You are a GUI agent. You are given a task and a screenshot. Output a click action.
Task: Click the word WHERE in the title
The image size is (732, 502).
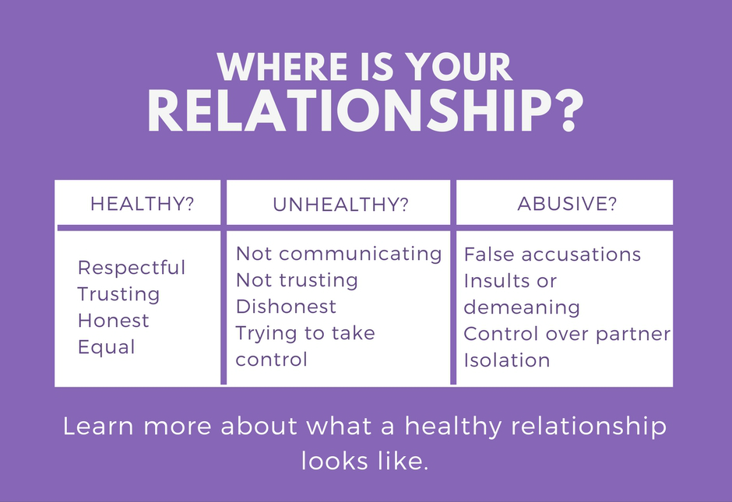pyautogui.click(x=283, y=67)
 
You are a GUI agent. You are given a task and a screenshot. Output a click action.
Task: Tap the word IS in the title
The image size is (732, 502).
pyautogui.click(x=377, y=67)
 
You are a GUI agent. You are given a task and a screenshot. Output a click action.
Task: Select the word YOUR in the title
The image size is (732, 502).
pyautogui.click(x=459, y=67)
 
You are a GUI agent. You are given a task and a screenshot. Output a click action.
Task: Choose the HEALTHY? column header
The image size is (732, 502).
pyautogui.click(x=142, y=204)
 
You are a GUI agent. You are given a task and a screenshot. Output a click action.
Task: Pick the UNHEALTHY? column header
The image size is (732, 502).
pyautogui.click(x=340, y=205)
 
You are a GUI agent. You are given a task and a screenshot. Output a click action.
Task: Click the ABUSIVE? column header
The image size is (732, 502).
pyautogui.click(x=567, y=203)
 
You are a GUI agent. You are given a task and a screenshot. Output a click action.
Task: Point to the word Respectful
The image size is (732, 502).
pyautogui.click(x=132, y=268)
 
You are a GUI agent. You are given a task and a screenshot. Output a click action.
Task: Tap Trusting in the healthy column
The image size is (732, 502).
pyautogui.click(x=118, y=294)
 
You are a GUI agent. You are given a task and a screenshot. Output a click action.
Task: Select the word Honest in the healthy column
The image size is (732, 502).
pyautogui.click(x=114, y=321)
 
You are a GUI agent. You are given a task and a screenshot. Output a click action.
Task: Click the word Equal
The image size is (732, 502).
pyautogui.click(x=107, y=347)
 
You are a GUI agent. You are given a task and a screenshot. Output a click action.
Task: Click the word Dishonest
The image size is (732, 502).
pyautogui.click(x=286, y=307)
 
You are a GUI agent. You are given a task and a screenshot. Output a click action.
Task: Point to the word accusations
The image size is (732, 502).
pyautogui.click(x=581, y=255)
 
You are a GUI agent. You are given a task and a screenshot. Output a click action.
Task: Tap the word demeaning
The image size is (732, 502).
pyautogui.click(x=522, y=307)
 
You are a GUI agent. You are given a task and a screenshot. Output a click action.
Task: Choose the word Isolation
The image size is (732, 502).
pyautogui.click(x=507, y=360)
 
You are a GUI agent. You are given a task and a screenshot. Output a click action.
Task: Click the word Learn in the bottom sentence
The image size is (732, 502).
pyautogui.click(x=98, y=426)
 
